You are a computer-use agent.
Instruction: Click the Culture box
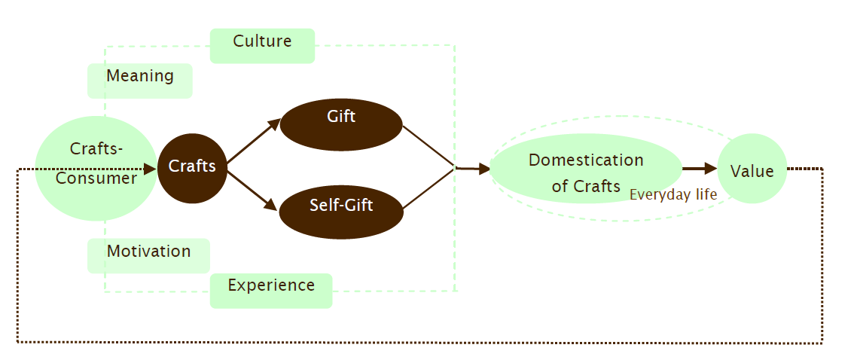point(262,44)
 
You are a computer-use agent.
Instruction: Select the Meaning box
point(140,80)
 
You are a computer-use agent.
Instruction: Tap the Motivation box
point(148,255)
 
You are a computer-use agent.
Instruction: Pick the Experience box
point(271,290)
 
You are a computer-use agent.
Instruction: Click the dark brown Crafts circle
point(192,168)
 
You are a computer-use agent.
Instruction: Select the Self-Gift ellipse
point(341,210)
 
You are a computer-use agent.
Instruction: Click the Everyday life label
point(673,195)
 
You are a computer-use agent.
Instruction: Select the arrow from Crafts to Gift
point(254,142)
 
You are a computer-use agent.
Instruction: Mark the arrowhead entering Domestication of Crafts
point(484,169)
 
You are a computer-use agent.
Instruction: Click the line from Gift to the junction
point(429,145)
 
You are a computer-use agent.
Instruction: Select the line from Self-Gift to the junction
point(429,189)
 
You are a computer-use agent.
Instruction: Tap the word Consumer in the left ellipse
point(96,179)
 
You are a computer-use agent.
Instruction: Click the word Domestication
point(586,160)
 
